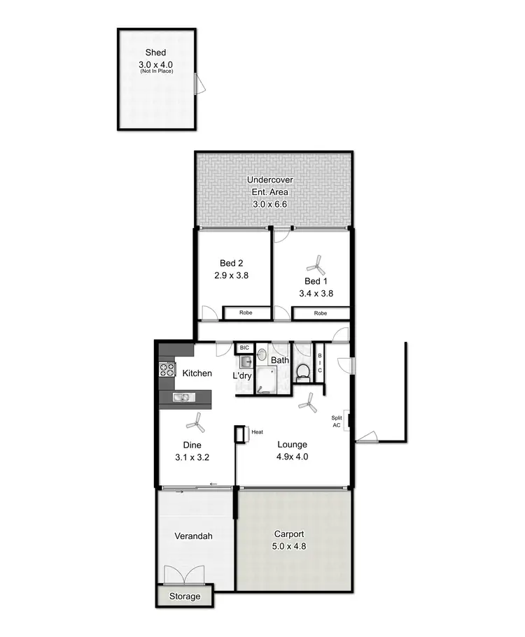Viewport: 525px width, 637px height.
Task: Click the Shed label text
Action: pos(155,52)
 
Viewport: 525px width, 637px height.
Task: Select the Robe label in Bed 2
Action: pos(245,313)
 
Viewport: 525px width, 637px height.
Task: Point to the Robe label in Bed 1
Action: pos(320,313)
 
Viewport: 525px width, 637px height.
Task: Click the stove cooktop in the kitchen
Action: pos(167,369)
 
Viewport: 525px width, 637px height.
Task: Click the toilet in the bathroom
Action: pos(303,371)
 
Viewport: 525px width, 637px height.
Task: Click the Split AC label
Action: pos(337,422)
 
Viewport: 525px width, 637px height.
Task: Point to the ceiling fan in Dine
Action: pos(194,422)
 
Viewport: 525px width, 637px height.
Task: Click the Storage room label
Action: pos(183,596)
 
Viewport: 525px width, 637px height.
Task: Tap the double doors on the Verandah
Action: pos(184,575)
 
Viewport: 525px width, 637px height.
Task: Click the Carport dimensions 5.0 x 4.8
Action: pos(289,547)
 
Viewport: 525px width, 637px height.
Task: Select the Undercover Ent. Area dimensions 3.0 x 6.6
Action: pos(270,205)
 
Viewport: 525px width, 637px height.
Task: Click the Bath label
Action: pos(280,360)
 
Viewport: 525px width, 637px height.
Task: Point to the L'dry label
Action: pos(242,375)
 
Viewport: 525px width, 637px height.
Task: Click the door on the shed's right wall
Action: pos(200,85)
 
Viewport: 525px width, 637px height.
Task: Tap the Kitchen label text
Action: pos(197,373)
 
